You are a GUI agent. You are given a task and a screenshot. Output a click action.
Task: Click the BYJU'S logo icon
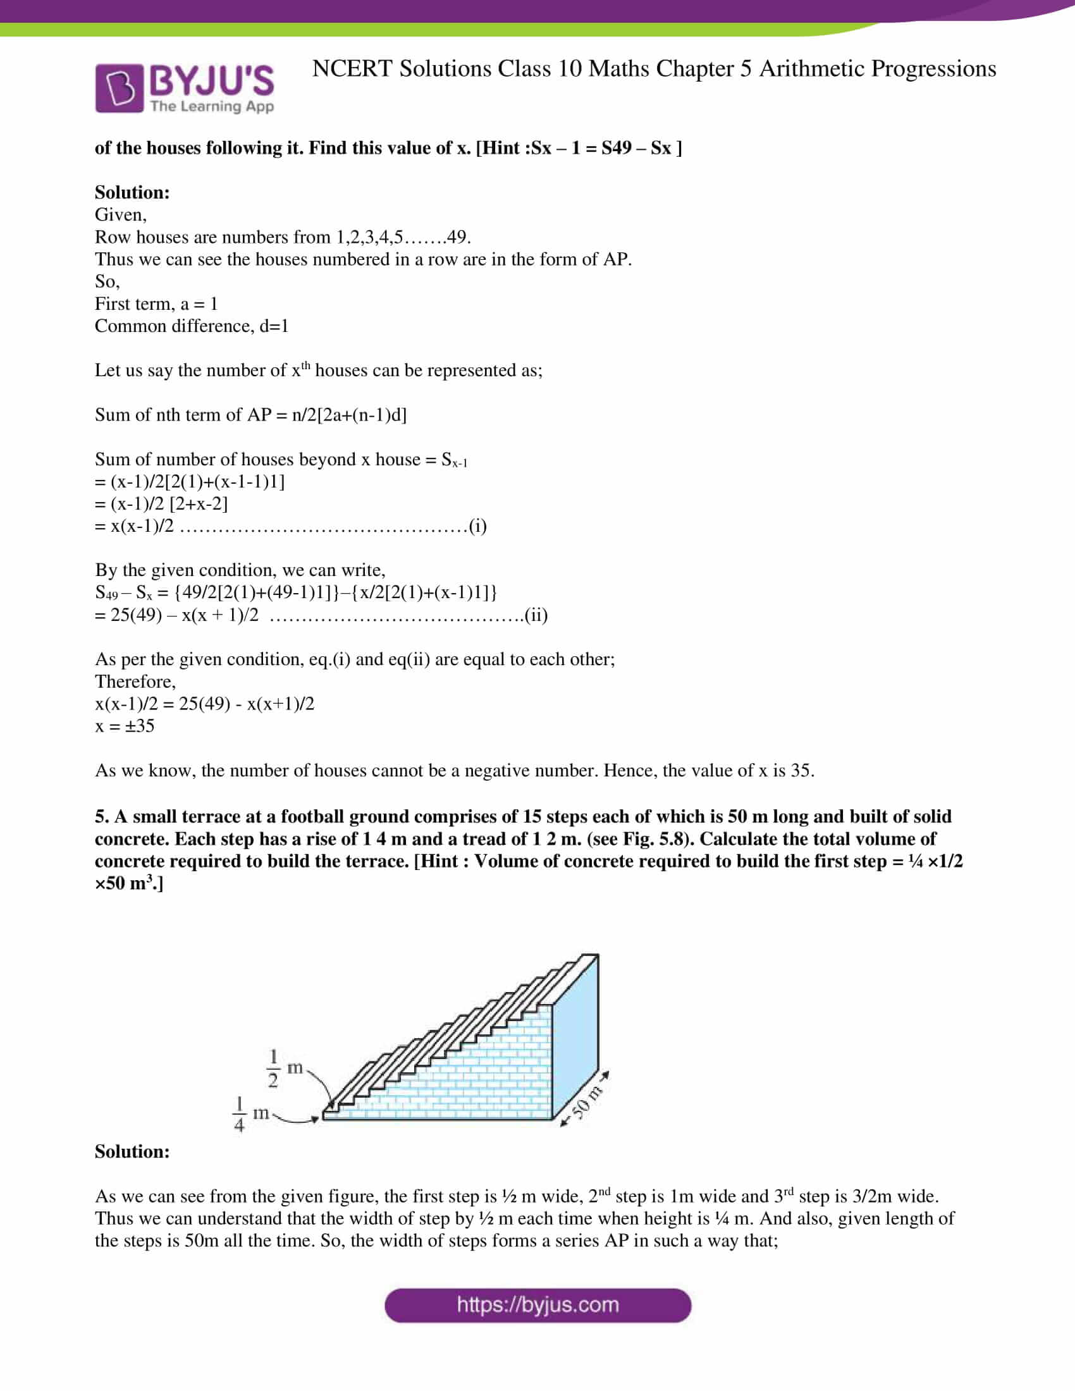point(120,89)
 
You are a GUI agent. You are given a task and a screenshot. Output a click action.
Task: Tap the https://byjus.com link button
point(537,1305)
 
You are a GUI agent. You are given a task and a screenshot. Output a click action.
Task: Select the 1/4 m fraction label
point(250,1114)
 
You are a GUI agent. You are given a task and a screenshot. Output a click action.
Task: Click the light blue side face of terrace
point(575,1045)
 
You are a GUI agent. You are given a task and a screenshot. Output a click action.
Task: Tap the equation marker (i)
point(477,526)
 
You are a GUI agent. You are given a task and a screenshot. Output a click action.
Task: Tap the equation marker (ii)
point(536,615)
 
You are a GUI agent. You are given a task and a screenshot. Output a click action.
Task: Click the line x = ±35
point(125,726)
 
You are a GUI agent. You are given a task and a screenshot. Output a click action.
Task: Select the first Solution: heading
point(132,192)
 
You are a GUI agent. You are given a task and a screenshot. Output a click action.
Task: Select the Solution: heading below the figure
point(132,1151)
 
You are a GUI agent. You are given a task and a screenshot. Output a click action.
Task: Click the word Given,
point(120,214)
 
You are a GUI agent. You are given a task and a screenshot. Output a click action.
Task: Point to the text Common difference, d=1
point(192,326)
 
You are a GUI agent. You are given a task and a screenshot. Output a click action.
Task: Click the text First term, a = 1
point(156,303)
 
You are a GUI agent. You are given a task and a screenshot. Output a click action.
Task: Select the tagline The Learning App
point(212,106)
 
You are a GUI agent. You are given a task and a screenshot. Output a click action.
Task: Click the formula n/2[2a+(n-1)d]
point(349,415)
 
